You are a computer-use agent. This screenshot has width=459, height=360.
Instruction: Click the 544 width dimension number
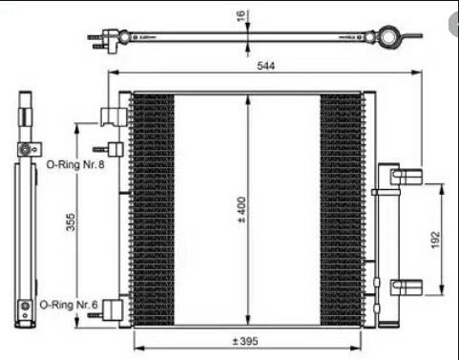pos(265,66)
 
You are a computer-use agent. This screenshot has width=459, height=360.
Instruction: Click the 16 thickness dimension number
pos(240,15)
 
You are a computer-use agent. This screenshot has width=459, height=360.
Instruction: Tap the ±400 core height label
pos(241,209)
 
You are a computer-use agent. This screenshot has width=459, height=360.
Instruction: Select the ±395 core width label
pos(245,341)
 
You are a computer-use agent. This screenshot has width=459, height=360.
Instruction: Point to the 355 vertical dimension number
pos(71,222)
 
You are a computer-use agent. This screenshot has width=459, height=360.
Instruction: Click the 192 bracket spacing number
pos(435,240)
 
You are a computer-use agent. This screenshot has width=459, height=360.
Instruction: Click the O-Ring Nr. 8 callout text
pos(75,164)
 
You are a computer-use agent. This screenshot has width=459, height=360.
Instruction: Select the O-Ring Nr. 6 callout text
pos(69,305)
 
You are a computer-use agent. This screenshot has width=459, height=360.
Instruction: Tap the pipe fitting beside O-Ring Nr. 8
pos(108,149)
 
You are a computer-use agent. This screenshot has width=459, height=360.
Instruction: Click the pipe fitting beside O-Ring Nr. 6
pos(105,310)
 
